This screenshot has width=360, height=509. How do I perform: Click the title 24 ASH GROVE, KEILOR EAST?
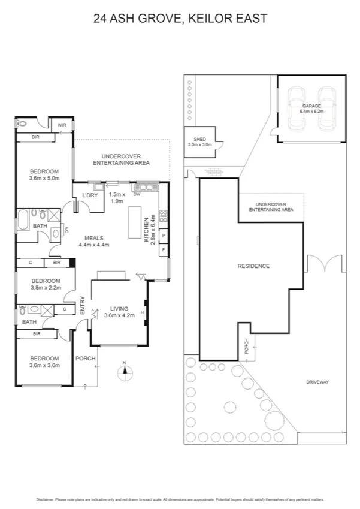click(x=180, y=19)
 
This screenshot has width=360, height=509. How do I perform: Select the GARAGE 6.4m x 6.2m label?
click(x=311, y=108)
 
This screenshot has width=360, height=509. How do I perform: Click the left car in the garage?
click(x=297, y=109)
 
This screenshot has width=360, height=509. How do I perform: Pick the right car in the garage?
click(x=327, y=109)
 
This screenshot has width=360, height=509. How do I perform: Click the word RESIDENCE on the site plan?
click(x=253, y=266)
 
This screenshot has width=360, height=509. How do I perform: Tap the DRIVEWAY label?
click(x=319, y=381)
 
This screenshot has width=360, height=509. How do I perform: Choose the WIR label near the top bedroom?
click(x=62, y=125)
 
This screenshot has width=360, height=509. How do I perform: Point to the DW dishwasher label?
click(x=137, y=194)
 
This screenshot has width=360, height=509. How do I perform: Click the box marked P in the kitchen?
click(x=164, y=236)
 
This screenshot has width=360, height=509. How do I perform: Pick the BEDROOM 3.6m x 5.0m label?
click(x=44, y=174)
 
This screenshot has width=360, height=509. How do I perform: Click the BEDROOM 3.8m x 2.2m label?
click(x=46, y=284)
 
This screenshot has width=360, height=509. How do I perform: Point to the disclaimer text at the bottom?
click(x=180, y=498)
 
